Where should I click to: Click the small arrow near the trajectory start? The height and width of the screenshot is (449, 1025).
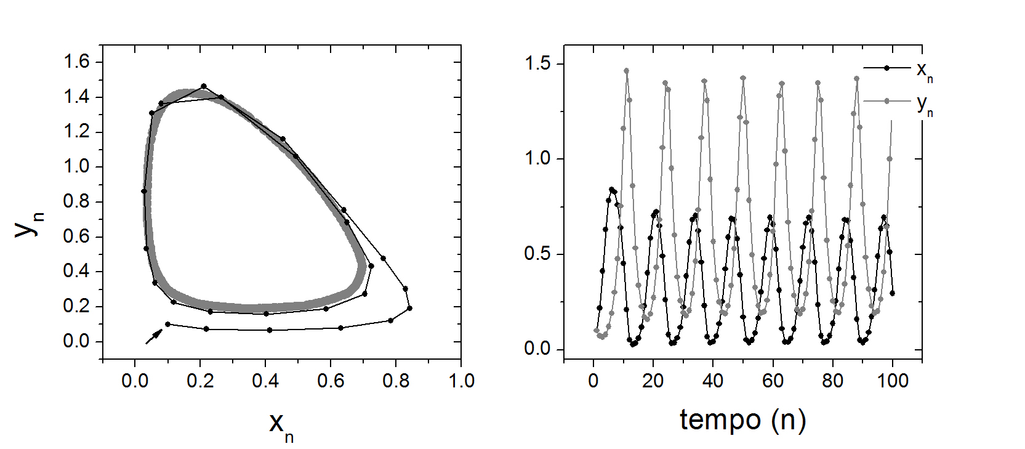(154, 336)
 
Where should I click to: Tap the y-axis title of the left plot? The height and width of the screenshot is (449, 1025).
(28, 223)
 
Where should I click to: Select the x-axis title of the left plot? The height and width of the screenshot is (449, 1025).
(281, 426)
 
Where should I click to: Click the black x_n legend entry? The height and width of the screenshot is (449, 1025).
(898, 68)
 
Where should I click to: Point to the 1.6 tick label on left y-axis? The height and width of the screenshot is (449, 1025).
(76, 62)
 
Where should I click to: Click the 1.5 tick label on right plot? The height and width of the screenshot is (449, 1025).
(537, 63)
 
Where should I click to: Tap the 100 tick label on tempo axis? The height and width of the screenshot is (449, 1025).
(893, 381)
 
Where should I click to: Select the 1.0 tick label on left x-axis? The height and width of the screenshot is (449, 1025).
(461, 381)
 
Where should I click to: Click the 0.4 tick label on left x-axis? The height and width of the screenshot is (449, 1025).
(265, 381)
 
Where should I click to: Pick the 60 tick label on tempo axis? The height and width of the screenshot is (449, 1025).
(773, 381)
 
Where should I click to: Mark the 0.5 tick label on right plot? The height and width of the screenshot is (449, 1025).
(537, 254)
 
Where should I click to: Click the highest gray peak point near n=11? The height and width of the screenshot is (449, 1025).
(626, 71)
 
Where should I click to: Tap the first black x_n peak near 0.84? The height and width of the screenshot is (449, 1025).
(611, 190)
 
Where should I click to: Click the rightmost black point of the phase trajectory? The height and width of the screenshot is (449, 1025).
(409, 308)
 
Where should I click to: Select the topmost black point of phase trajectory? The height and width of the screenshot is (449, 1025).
(204, 86)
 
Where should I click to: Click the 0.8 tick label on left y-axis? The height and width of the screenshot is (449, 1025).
(76, 201)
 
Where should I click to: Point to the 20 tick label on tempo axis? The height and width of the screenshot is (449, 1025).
(653, 381)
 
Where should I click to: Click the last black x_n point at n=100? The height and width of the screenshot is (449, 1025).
(892, 293)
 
